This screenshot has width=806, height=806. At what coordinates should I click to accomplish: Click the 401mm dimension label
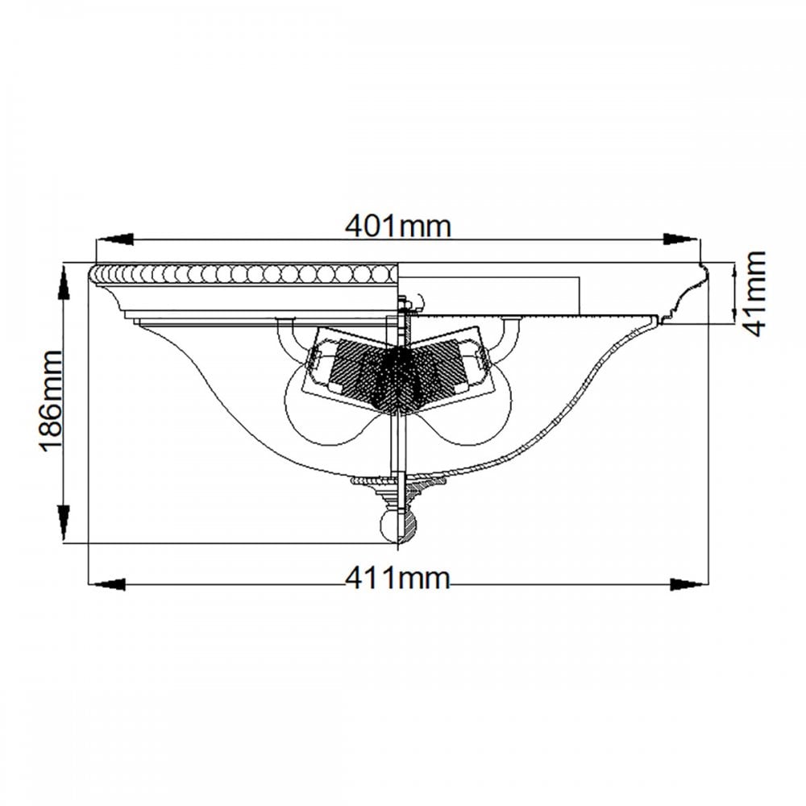click(x=397, y=226)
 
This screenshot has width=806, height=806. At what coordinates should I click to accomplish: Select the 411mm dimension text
click(x=397, y=578)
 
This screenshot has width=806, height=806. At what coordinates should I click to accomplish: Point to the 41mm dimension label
click(x=754, y=293)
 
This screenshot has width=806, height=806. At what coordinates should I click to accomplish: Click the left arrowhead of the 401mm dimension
click(x=114, y=239)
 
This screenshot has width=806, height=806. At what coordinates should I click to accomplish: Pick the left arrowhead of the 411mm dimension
click(x=107, y=584)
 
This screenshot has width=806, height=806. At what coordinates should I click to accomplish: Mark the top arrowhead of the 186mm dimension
click(x=63, y=282)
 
